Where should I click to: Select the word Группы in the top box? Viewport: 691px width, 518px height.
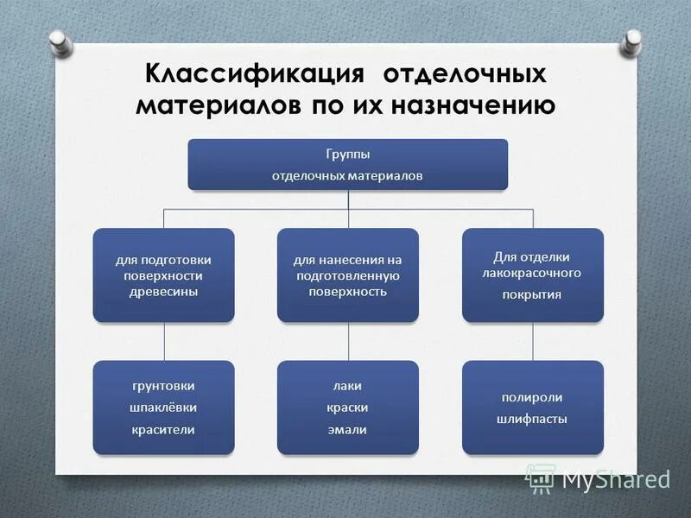tap(348, 154)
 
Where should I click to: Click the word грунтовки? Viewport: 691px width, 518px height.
tap(164, 386)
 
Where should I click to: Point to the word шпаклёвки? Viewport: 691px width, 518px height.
tap(164, 407)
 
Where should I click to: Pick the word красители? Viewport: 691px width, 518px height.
tap(164, 429)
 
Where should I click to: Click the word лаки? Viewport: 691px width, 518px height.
tap(348, 386)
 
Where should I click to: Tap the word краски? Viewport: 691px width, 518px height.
tap(348, 407)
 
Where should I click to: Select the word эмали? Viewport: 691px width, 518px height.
tap(348, 429)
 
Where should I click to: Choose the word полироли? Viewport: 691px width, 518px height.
tap(532, 397)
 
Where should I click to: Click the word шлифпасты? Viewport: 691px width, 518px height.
tap(532, 419)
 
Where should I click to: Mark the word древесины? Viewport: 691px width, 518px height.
tap(163, 292)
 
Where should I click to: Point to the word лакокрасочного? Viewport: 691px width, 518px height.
tap(532, 273)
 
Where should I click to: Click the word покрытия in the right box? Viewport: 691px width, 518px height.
tap(532, 294)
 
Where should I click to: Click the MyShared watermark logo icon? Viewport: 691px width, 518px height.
tap(542, 477)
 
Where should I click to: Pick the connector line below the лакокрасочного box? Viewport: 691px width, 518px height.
tap(533, 341)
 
